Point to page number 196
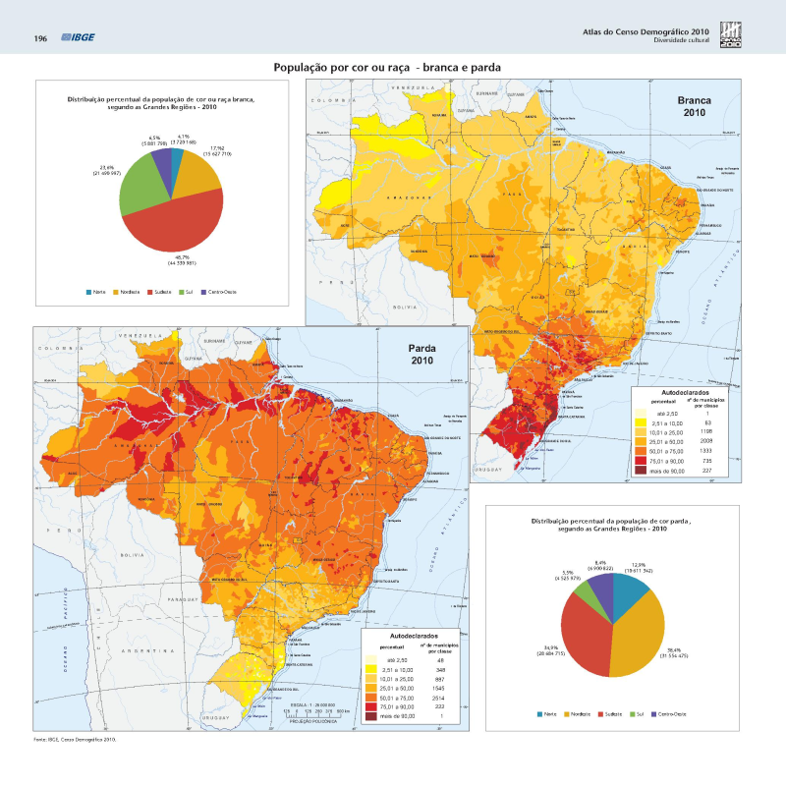tap(41, 38)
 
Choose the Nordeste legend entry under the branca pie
tap(129, 292)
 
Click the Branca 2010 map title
tap(696, 106)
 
